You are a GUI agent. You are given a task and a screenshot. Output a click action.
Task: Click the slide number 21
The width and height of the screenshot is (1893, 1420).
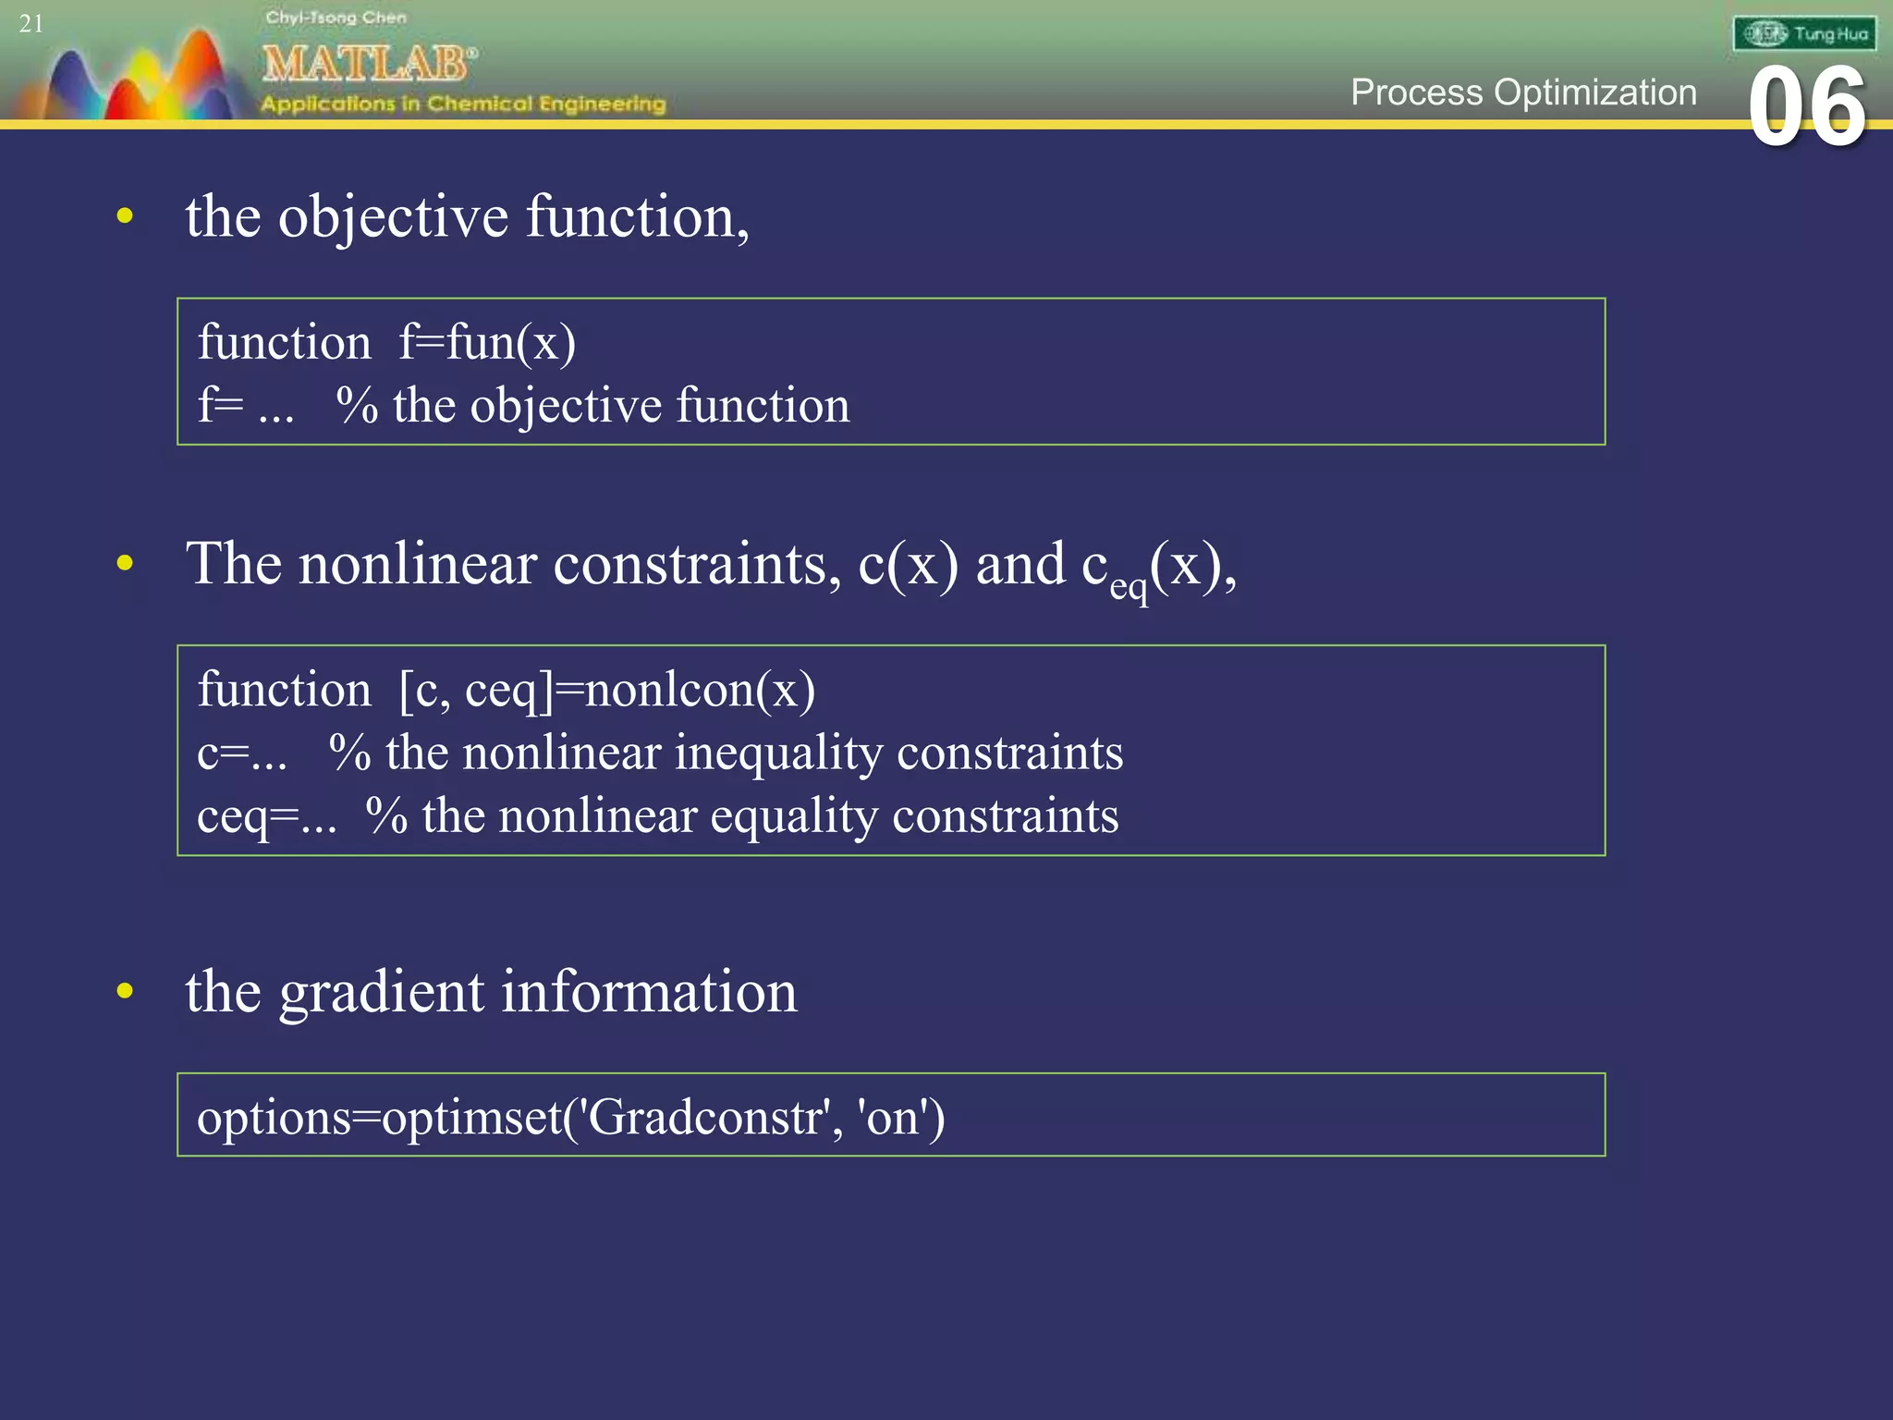(31, 23)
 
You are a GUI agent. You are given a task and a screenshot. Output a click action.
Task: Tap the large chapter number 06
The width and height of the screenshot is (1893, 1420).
(1807, 107)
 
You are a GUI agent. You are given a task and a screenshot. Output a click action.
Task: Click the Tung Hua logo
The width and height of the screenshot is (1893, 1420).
(1804, 34)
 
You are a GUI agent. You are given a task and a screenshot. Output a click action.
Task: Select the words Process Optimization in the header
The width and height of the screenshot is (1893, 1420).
(1523, 92)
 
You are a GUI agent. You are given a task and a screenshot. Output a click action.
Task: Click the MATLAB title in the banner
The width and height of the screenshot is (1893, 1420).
(369, 65)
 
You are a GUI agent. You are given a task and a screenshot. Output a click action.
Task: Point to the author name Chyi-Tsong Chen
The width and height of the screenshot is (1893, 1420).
(336, 18)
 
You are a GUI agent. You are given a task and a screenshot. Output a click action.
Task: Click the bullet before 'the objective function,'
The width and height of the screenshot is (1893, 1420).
(126, 217)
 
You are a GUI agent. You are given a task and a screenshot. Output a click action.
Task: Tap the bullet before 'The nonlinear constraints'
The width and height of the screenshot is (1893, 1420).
(126, 563)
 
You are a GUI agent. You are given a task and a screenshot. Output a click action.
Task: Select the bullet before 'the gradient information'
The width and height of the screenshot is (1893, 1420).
(126, 991)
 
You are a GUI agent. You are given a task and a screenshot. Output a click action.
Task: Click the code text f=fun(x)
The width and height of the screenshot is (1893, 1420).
(487, 342)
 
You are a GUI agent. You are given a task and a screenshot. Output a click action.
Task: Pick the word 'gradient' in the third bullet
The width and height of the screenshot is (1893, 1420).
(381, 993)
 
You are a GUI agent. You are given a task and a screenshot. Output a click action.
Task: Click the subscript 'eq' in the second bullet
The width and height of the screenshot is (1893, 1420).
(1129, 587)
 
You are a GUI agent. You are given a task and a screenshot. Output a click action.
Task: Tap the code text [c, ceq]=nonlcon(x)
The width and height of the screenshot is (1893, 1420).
(606, 690)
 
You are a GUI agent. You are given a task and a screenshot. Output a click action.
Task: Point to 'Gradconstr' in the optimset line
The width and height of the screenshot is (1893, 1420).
(705, 1117)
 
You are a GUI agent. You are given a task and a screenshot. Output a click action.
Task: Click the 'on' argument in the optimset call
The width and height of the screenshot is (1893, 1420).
(892, 1117)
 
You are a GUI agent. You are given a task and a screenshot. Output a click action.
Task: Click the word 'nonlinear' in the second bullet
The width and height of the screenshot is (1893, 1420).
(417, 564)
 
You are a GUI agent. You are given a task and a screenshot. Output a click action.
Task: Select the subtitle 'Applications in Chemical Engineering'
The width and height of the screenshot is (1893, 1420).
(463, 104)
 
